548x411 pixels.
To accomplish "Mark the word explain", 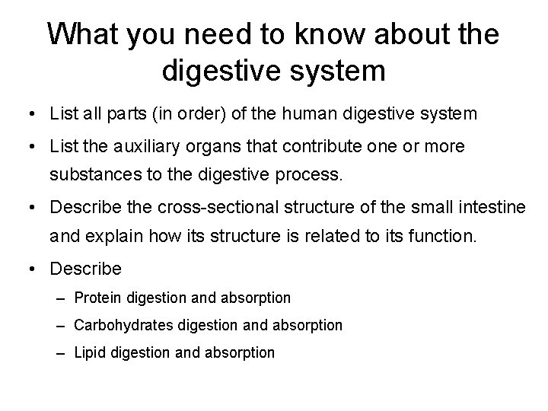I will [x=117, y=236].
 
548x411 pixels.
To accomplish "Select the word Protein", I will [x=97, y=297].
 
